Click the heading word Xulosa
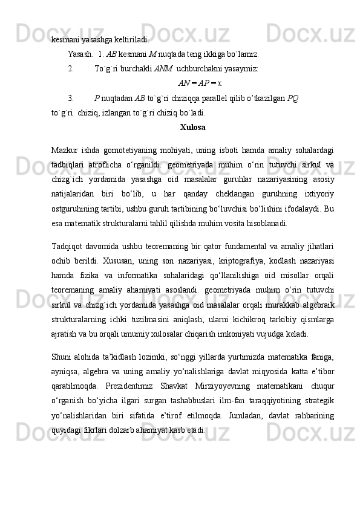coord(192,128)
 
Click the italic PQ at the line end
coord(292,97)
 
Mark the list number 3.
coord(70,97)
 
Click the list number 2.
coord(70,68)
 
